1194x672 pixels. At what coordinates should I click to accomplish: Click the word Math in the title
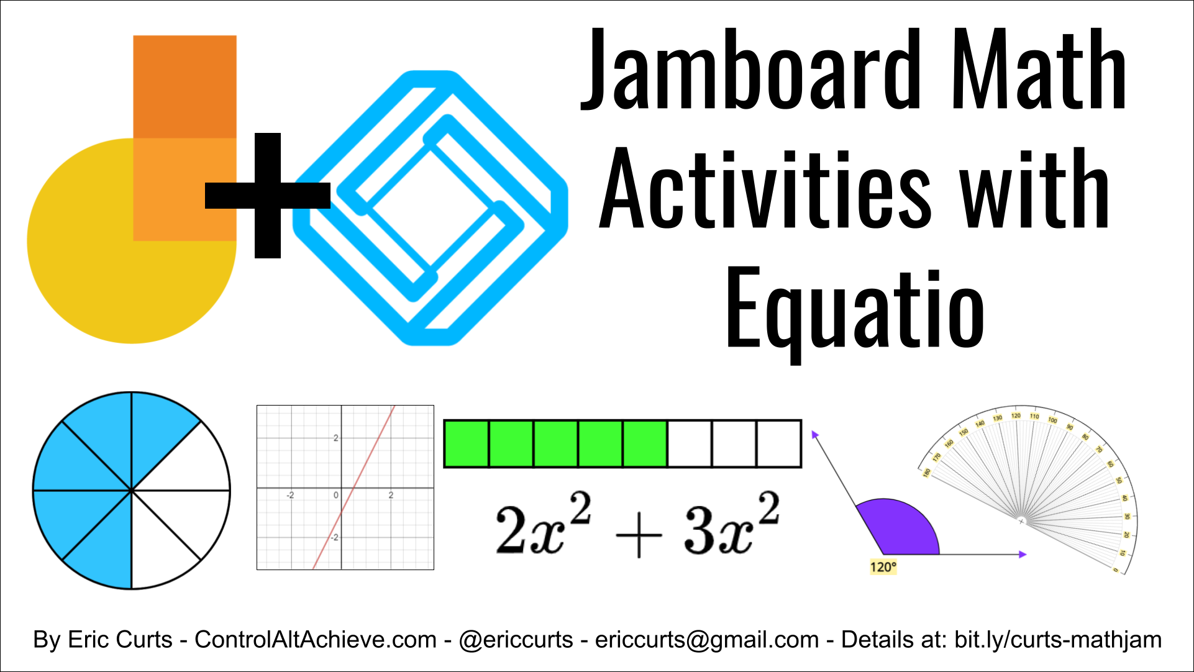point(1037,70)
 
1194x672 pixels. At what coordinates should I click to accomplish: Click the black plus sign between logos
point(267,195)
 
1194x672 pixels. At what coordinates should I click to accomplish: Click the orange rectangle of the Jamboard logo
point(185,87)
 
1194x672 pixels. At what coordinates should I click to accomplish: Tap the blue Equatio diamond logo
point(431,207)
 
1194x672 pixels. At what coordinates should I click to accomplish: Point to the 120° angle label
point(883,567)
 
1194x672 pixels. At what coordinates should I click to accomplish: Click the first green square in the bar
point(467,443)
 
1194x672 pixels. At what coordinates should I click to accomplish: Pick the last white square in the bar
point(779,443)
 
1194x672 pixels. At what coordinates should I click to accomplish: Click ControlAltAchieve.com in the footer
point(316,640)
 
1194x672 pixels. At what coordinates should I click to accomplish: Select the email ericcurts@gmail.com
point(707,640)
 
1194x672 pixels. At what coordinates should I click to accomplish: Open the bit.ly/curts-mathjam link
point(1057,640)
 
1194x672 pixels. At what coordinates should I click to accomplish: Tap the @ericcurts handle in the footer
point(516,640)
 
